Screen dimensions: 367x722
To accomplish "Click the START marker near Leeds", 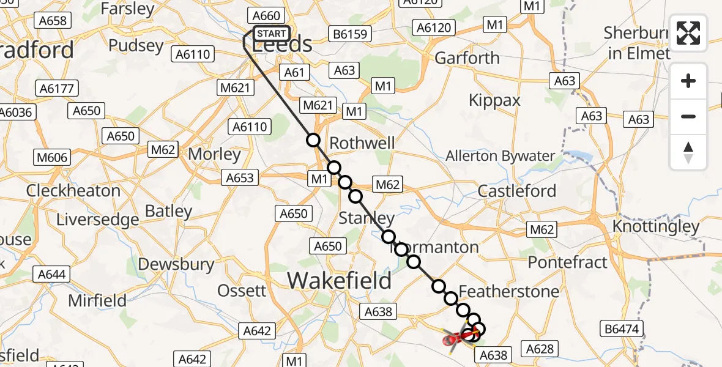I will pos(270,34).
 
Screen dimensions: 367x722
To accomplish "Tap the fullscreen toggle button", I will pos(688,33).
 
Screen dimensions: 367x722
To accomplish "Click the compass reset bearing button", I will pos(688,152).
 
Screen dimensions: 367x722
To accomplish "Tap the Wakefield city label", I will pos(340,281).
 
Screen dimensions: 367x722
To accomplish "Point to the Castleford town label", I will pos(517,191).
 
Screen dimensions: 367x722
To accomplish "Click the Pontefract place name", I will pos(568,262).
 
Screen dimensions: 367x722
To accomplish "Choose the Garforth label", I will pos(467,58).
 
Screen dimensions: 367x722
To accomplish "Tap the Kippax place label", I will pos(494,100).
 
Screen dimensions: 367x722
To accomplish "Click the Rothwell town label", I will pos(362,143).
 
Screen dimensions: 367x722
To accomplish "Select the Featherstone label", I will pos(508,291).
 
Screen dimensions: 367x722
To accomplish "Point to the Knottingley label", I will pos(657,228).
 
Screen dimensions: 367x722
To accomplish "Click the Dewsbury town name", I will pos(176,264).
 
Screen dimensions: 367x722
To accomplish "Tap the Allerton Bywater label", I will pos(500,156).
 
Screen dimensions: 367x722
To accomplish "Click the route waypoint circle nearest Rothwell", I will pos(313,140).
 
